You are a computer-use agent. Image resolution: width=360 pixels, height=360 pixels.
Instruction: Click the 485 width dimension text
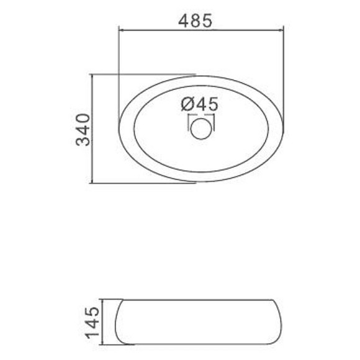[x=195, y=20]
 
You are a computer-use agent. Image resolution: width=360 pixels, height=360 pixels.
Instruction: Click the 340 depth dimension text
[x=83, y=130]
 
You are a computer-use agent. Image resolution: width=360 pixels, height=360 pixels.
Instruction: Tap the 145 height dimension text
[x=92, y=322]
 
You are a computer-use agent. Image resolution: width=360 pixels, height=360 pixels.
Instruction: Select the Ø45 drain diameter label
[x=199, y=104]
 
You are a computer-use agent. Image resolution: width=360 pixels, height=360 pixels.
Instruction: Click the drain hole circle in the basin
[x=201, y=129]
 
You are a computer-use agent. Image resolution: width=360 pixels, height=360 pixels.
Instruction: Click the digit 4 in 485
[x=184, y=21]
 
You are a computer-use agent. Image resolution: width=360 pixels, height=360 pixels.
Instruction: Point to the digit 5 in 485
[x=207, y=21]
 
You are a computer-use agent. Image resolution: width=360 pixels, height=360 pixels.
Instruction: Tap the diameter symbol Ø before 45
[x=187, y=104]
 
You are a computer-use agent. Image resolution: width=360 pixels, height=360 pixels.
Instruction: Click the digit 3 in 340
[x=83, y=140]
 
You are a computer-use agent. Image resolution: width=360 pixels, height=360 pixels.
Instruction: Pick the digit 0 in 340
[x=83, y=119]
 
